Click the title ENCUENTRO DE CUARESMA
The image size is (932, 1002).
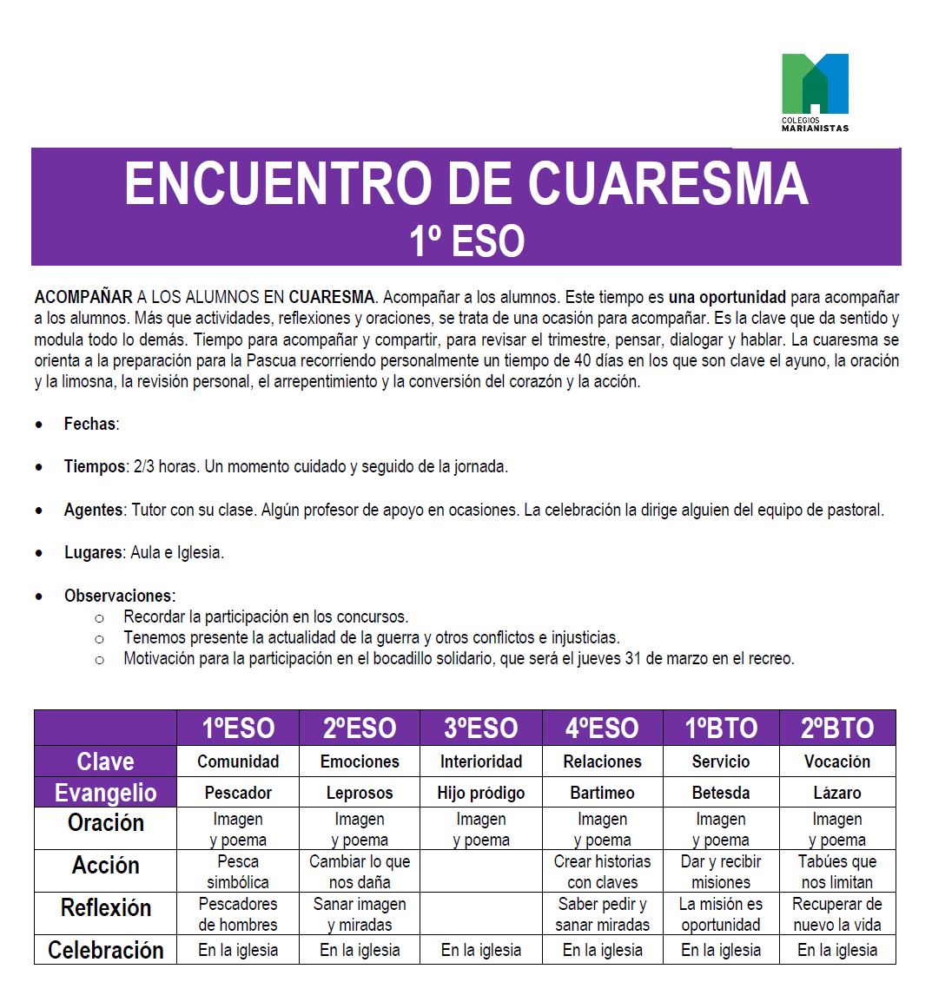click(x=466, y=183)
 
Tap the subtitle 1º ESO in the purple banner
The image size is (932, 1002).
click(x=466, y=241)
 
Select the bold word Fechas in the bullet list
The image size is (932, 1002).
click(x=89, y=425)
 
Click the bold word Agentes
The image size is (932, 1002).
click(x=94, y=511)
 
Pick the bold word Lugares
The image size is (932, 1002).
click(x=93, y=553)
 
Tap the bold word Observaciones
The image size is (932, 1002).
click(x=119, y=597)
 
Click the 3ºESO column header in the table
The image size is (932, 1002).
click(x=480, y=728)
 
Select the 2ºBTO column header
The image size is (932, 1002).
click(x=837, y=728)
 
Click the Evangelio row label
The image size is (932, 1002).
click(x=105, y=793)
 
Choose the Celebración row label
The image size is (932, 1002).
click(x=105, y=950)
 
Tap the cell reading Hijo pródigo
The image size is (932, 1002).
click(x=480, y=793)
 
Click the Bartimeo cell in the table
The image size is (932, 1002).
click(x=602, y=793)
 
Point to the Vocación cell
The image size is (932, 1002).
click(x=837, y=761)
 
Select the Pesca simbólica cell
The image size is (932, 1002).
click(x=237, y=872)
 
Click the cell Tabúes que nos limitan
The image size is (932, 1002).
click(x=837, y=872)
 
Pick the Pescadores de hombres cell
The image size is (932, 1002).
click(x=237, y=914)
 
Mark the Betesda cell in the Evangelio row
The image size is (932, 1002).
click(x=721, y=793)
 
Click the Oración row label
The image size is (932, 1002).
click(x=105, y=823)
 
